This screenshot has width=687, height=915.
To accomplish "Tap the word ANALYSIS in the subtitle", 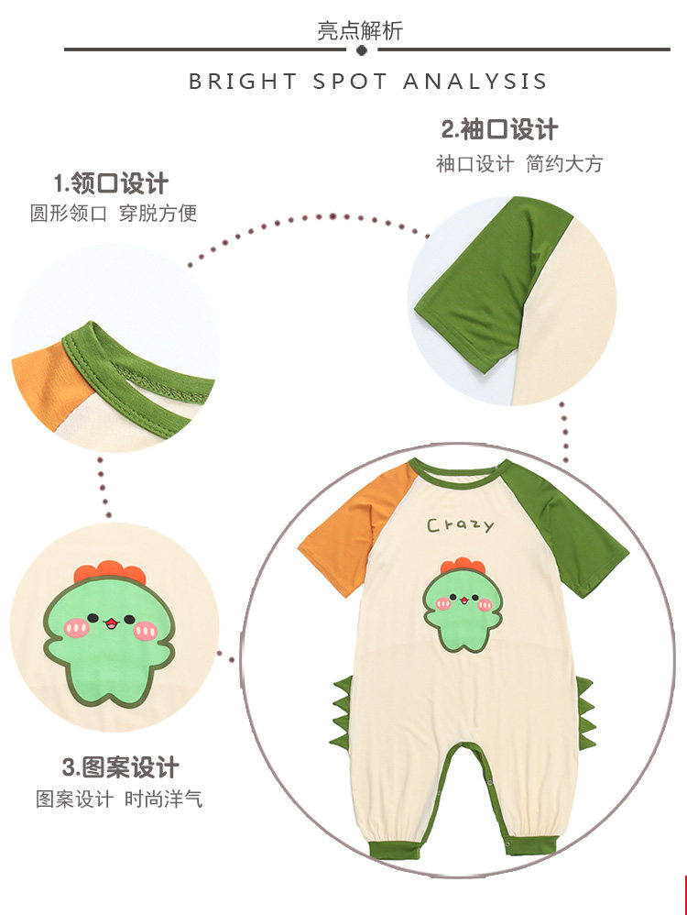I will [474, 81].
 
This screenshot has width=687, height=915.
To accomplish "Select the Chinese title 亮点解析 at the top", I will [360, 31].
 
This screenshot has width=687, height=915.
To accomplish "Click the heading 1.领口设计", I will [111, 182].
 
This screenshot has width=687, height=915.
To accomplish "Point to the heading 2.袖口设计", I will [499, 129].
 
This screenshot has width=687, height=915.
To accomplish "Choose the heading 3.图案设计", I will [120, 766].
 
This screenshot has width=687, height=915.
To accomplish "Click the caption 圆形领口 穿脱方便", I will [114, 214].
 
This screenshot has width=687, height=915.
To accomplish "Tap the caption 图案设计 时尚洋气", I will [119, 799].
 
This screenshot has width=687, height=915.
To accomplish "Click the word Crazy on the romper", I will [460, 525].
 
